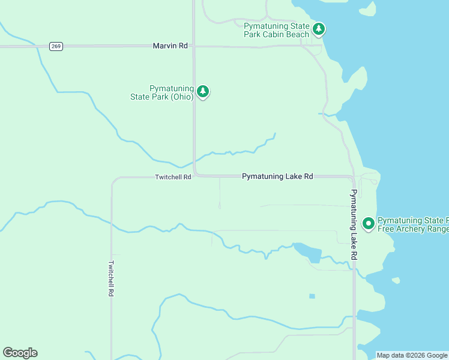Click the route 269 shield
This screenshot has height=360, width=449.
(x=56, y=46)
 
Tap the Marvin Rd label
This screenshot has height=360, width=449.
(x=170, y=46)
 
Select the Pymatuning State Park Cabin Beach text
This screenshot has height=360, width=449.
(x=277, y=30)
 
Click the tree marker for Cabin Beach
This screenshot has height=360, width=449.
(x=319, y=29)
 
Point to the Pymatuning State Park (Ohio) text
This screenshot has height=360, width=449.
(x=163, y=92)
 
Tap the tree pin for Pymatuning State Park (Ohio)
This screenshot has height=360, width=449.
(x=203, y=92)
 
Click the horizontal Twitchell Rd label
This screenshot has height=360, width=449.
(x=173, y=177)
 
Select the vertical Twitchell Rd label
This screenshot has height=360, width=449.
(x=111, y=278)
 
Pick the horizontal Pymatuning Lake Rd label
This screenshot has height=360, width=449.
(x=277, y=176)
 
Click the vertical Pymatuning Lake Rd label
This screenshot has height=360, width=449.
(x=354, y=224)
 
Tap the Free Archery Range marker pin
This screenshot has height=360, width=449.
(x=368, y=224)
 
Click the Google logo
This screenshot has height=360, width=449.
(x=20, y=353)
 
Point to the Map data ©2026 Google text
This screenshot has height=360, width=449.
(x=412, y=355)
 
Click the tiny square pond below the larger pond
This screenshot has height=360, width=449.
(x=312, y=296)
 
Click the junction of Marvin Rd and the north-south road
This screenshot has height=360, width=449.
(x=194, y=46)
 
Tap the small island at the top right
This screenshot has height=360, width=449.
(x=367, y=8)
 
